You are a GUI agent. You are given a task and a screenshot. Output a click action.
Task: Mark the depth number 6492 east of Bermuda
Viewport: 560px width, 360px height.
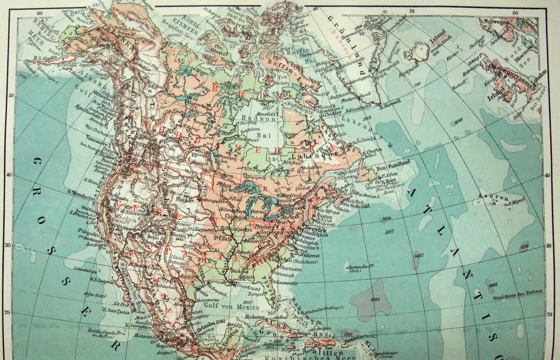pyautogui.click(x=418, y=255)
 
